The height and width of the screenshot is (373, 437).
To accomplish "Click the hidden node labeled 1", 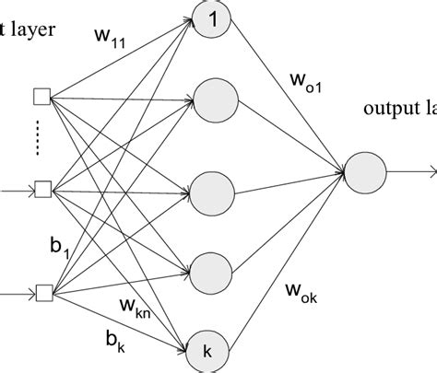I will coord(212,20).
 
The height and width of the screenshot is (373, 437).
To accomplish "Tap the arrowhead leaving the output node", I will coord(430,170).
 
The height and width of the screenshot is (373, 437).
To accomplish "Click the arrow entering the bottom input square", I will coord(17,295).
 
